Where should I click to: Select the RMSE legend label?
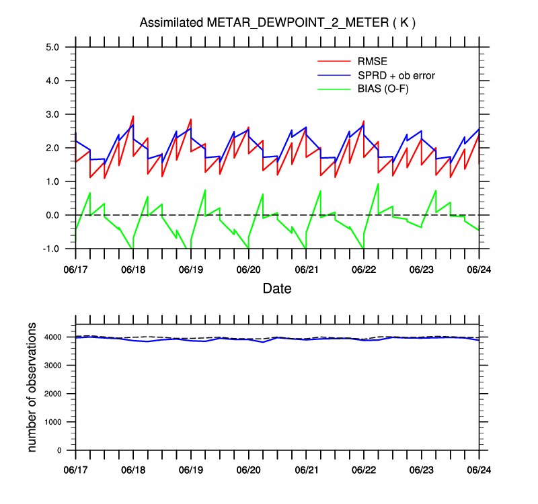pos(373,61)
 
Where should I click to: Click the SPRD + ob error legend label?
pos(396,75)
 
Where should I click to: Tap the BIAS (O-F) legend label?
pos(383,89)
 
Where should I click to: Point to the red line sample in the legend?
pos(334,61)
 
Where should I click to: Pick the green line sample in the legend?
pos(334,89)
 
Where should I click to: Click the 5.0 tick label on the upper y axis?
pos(52,47)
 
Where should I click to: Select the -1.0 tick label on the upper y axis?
pos(50,249)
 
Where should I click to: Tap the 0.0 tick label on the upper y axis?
pos(52,215)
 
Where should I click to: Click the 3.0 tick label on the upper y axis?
pos(52,114)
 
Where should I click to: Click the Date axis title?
pos(277,289)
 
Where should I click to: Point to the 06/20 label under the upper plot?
pos(248,270)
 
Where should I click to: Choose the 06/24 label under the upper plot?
pos(479,270)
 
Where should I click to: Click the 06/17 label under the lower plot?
pos(75,470)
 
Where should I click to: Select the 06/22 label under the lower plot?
pos(364,470)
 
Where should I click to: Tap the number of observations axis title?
pos(32,387)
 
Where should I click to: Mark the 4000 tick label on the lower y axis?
pos(52,337)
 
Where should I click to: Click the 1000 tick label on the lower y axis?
pos(52,422)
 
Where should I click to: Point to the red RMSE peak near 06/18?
pos(133,116)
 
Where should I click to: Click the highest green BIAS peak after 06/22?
pos(378,184)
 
